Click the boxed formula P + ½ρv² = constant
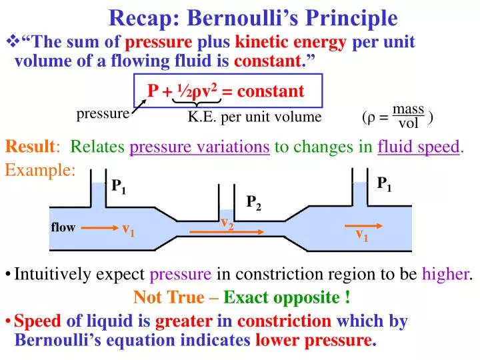click(226, 91)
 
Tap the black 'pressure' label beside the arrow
click(103, 114)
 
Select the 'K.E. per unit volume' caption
click(254, 117)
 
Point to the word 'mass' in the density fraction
click(408, 109)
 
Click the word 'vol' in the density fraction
click(408, 123)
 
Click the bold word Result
click(31, 147)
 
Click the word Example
click(40, 170)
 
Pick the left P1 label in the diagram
click(119, 187)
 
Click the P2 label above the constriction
click(254, 203)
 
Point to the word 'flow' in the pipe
click(63, 228)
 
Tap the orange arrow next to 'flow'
click(99, 228)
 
